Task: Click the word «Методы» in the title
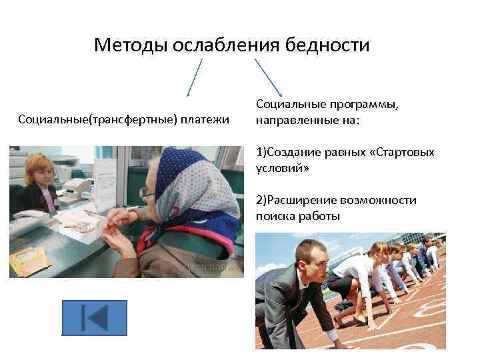(131, 45)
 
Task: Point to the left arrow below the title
(194, 78)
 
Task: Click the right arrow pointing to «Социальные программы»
(268, 78)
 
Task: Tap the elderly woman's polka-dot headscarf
(193, 183)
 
